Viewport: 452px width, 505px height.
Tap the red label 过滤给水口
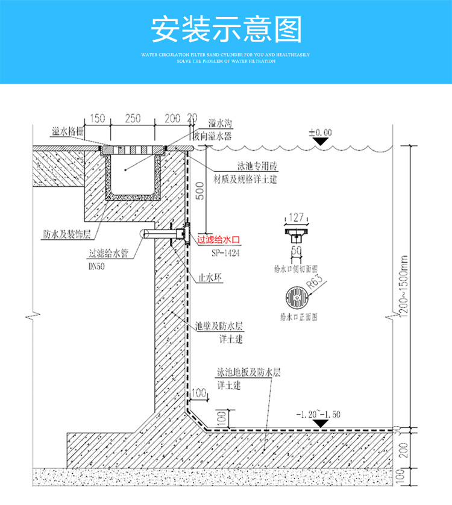(219, 240)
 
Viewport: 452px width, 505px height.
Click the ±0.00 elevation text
(320, 131)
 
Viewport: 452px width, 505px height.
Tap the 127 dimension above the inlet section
(295, 218)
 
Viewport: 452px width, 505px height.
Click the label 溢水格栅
(66, 130)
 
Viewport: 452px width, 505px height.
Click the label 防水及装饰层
(67, 233)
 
